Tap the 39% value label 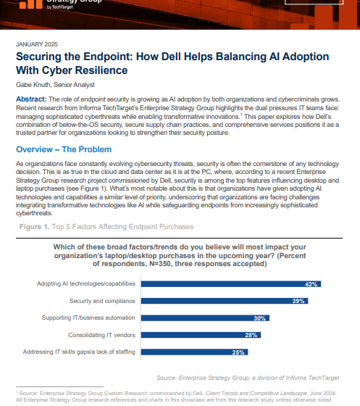click(x=298, y=301)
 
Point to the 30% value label click(x=258, y=318)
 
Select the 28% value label click(x=249, y=335)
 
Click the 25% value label click(x=236, y=352)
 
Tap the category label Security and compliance click(x=101, y=301)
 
